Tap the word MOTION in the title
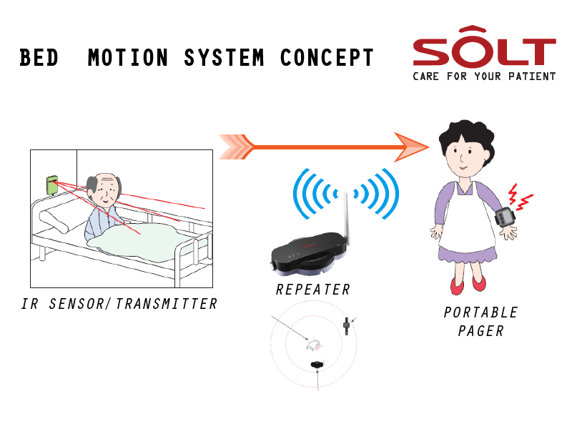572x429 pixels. point(129,58)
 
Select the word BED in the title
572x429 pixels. point(39,58)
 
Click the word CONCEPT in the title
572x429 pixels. point(327,58)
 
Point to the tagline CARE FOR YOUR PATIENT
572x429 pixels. point(484,76)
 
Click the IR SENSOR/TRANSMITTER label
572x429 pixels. point(119,304)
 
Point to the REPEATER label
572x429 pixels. point(313,290)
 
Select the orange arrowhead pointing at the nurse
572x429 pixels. point(412,147)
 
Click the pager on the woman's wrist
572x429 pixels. point(507,217)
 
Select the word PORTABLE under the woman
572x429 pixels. point(480,312)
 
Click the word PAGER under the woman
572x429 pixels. point(480,331)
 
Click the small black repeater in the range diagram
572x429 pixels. point(317,365)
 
